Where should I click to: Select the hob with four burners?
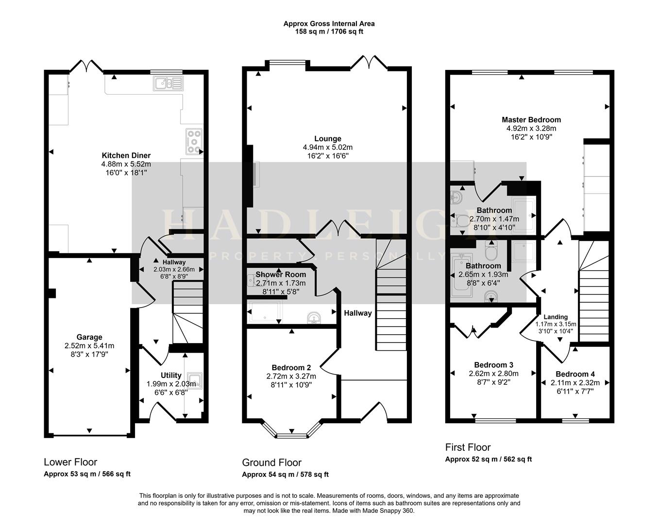point(194,142)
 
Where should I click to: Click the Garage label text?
point(89,337)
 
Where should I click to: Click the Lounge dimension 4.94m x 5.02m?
point(328,147)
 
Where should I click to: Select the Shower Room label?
point(277,275)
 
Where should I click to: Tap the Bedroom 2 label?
point(291,367)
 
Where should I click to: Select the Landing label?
point(556,317)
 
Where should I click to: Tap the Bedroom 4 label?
point(575,374)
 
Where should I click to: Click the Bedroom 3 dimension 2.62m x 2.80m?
point(493,374)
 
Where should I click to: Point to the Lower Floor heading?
point(70,462)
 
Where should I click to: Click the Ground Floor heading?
point(271,462)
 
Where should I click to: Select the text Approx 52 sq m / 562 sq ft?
point(488,459)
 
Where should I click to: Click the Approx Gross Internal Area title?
point(329,23)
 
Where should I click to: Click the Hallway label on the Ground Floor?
point(357,313)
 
